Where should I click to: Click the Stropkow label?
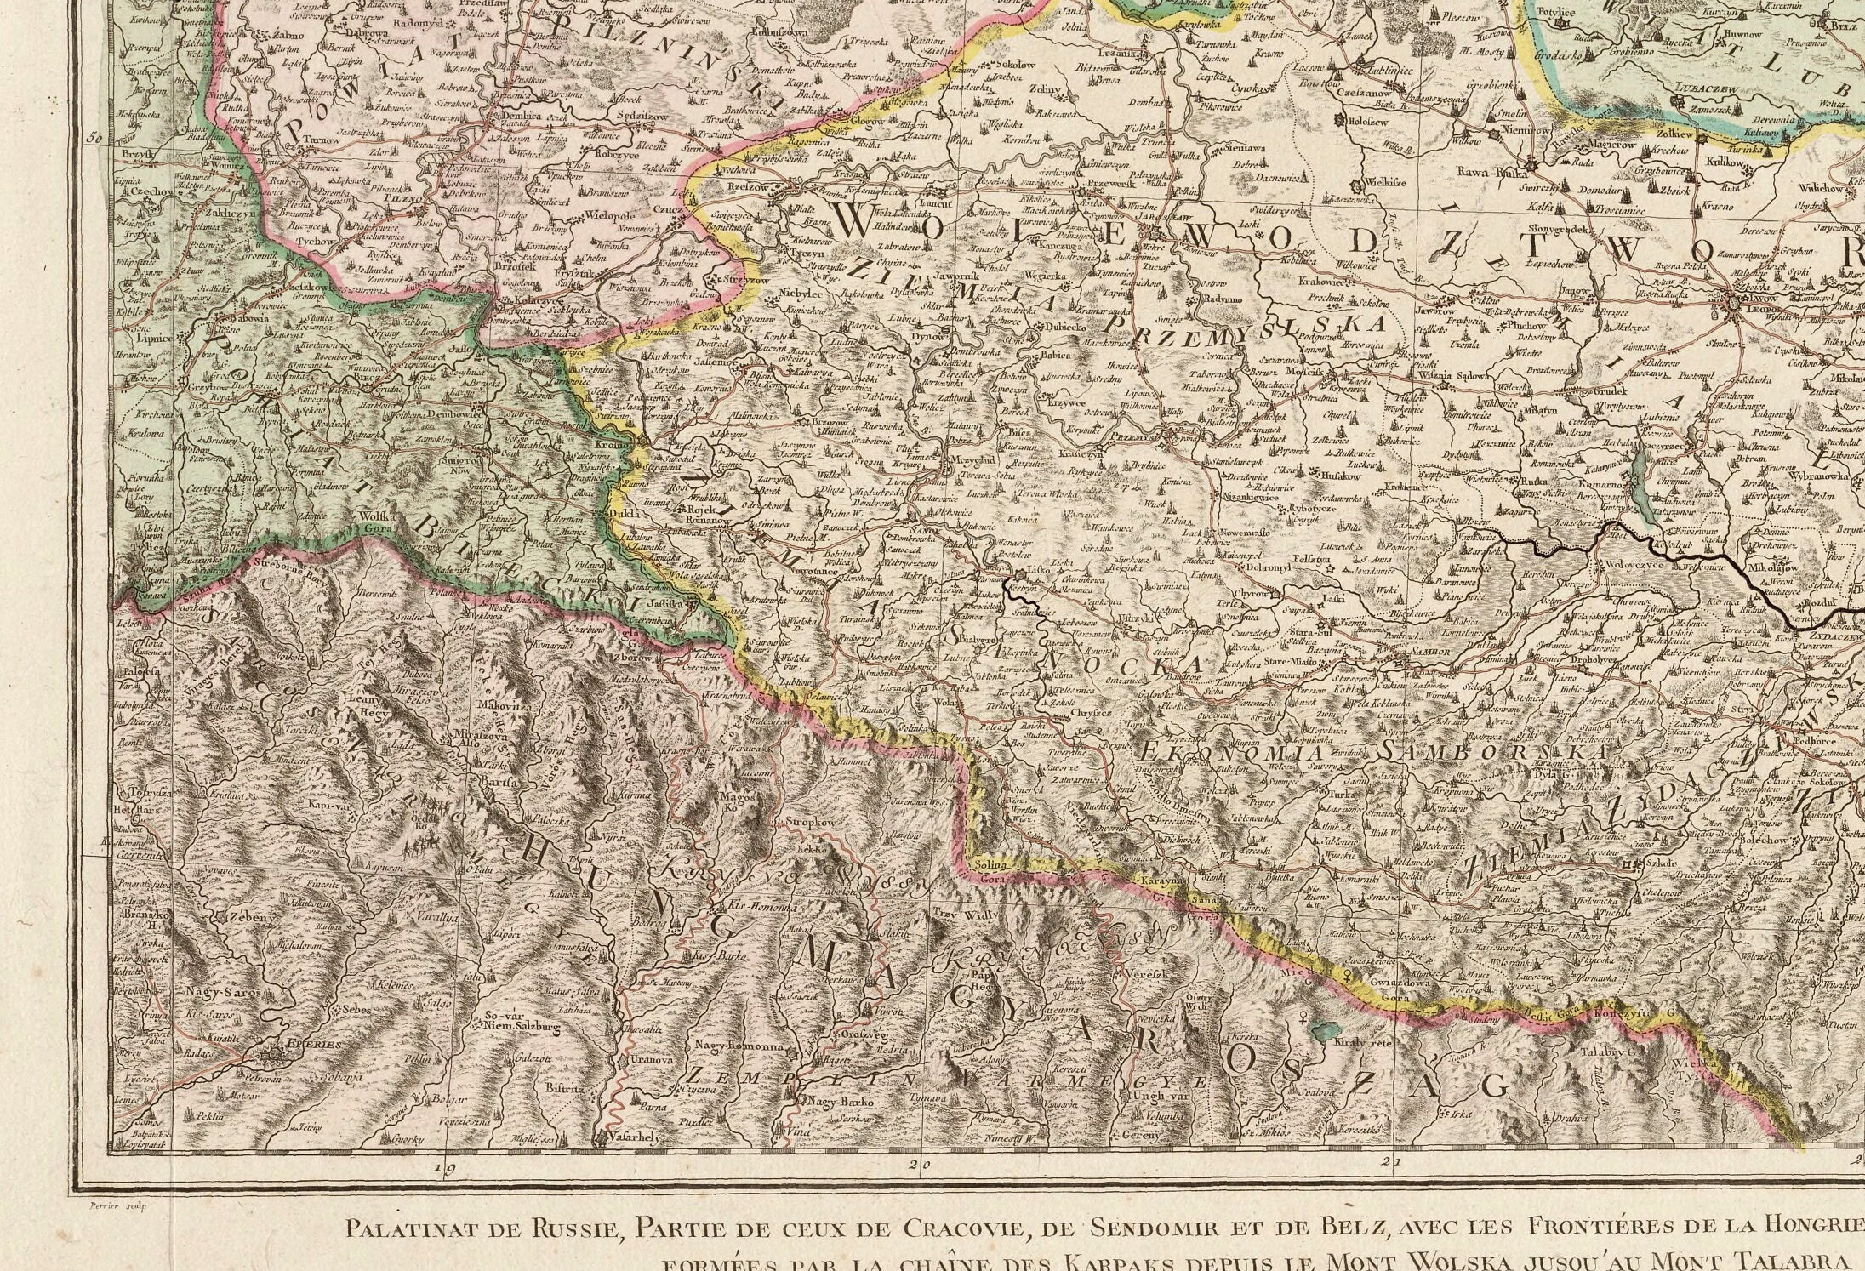click(808, 824)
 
